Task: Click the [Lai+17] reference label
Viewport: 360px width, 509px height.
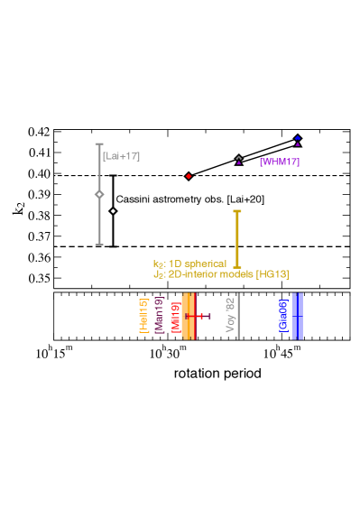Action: (x=121, y=156)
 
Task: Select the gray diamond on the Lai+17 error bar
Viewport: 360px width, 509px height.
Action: (x=99, y=194)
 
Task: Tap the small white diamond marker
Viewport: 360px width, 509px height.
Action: (x=113, y=211)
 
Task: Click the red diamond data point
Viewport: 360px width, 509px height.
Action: (x=189, y=176)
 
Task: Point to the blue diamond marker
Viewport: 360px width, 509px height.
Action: (x=298, y=138)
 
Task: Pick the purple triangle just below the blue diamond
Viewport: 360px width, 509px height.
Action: (x=298, y=144)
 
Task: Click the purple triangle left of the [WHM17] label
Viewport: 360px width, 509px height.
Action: (x=239, y=161)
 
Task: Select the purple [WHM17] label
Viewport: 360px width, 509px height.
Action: (x=279, y=162)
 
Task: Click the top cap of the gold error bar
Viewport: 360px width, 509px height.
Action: (x=237, y=212)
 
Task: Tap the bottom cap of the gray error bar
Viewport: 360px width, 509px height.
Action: (x=99, y=244)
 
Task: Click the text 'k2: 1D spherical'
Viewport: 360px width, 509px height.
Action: (x=189, y=264)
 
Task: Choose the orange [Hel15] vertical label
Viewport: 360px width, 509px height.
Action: (x=143, y=316)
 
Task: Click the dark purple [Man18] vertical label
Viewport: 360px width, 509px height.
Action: (x=159, y=316)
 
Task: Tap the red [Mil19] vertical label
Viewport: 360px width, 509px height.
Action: (x=175, y=316)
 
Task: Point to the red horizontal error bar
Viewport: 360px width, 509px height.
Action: (x=198, y=316)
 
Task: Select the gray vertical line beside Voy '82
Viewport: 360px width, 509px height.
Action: (x=238, y=316)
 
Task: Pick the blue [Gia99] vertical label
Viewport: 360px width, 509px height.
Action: (x=283, y=316)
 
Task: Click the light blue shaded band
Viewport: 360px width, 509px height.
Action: (x=297, y=316)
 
